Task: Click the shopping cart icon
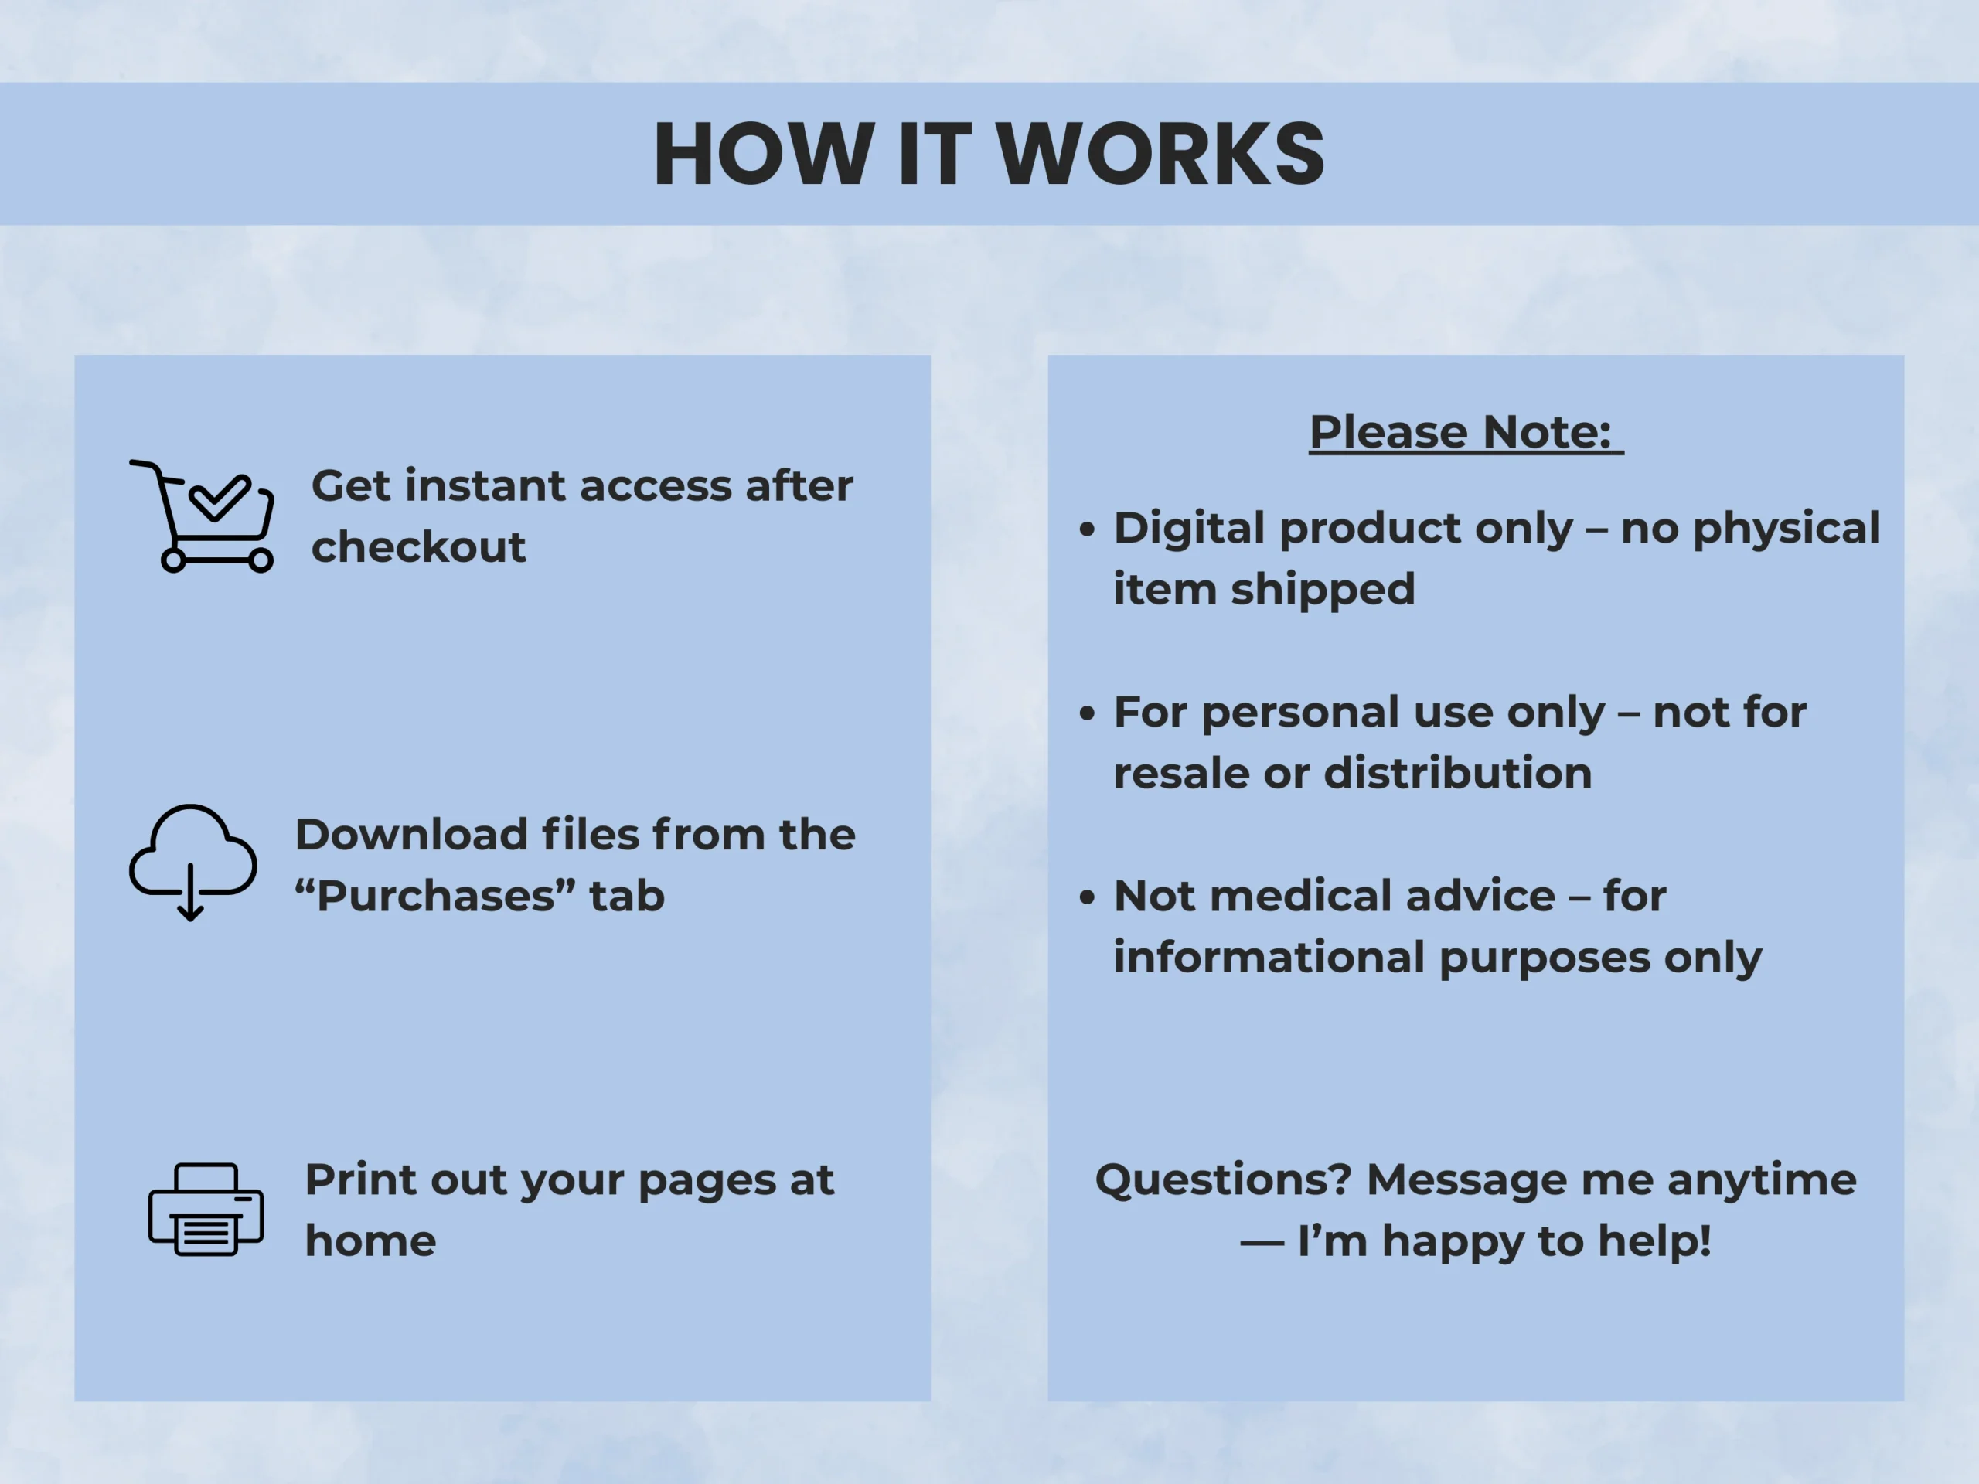[203, 516]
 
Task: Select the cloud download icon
[193, 862]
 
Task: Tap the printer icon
[206, 1210]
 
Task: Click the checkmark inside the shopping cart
[220, 497]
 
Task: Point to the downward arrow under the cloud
[191, 893]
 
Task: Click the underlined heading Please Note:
[1466, 433]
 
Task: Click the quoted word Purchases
[436, 895]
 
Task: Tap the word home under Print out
[370, 1241]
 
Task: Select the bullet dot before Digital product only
[1087, 529]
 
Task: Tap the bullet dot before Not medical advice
[1087, 897]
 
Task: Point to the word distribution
[1458, 773]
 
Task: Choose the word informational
[1269, 957]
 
